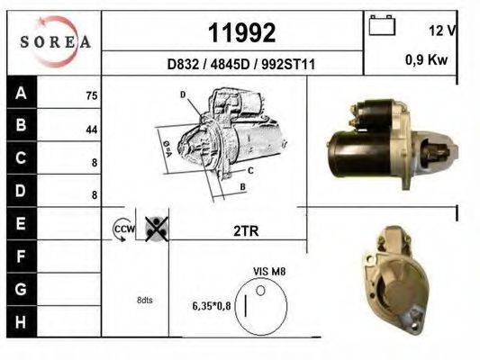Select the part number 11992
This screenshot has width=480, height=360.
pyautogui.click(x=241, y=33)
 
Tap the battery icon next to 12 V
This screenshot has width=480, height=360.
pyautogui.click(x=383, y=26)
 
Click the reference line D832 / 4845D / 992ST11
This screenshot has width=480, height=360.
pyautogui.click(x=241, y=65)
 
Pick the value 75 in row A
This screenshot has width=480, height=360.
pyautogui.click(x=91, y=95)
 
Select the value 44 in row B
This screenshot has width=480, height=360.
pyautogui.click(x=91, y=130)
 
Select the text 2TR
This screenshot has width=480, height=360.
pyautogui.click(x=245, y=231)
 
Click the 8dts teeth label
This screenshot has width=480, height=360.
pyautogui.click(x=144, y=300)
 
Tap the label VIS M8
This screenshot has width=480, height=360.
pyautogui.click(x=269, y=270)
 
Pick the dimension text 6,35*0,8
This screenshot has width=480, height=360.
pyautogui.click(x=211, y=306)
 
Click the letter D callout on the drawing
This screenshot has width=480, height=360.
pyautogui.click(x=183, y=94)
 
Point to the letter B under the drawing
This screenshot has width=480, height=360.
pyautogui.click(x=242, y=188)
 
